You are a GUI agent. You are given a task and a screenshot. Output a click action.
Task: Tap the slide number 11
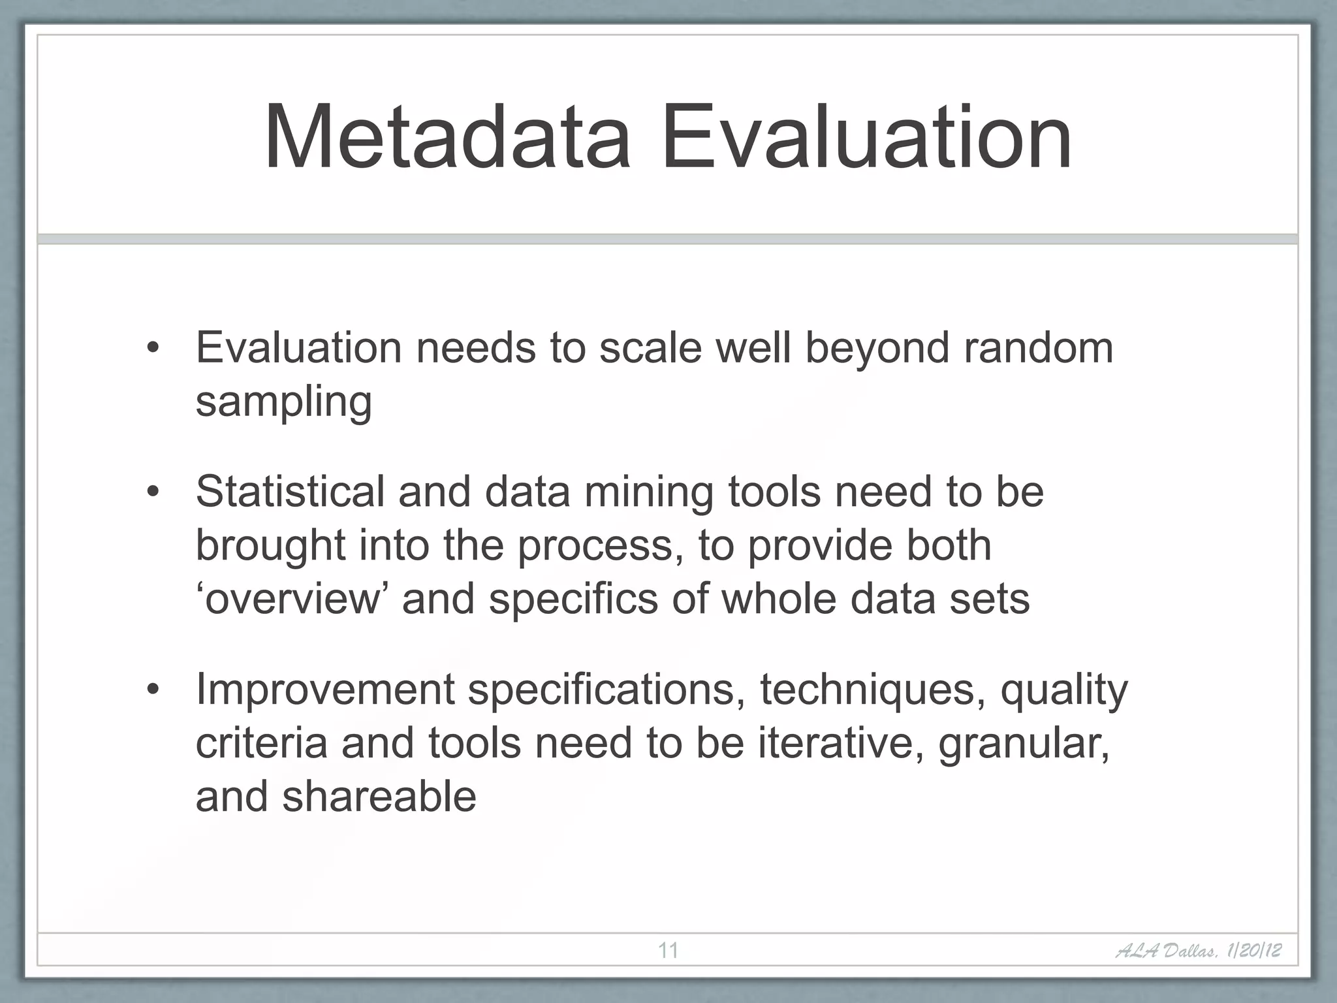(668, 950)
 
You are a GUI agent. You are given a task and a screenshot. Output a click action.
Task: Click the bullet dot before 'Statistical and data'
(152, 492)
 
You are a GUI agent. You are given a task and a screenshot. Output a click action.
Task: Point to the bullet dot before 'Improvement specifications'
(152, 690)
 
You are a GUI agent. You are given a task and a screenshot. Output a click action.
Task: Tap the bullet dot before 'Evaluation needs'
(152, 348)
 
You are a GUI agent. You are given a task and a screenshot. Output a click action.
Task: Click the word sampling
(284, 402)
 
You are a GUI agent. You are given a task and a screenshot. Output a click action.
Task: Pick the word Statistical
(291, 491)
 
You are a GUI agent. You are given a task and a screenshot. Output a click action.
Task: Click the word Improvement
(324, 690)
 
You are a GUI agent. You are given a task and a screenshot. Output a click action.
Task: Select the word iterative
(840, 743)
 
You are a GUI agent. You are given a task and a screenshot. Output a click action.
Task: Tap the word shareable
(379, 797)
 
